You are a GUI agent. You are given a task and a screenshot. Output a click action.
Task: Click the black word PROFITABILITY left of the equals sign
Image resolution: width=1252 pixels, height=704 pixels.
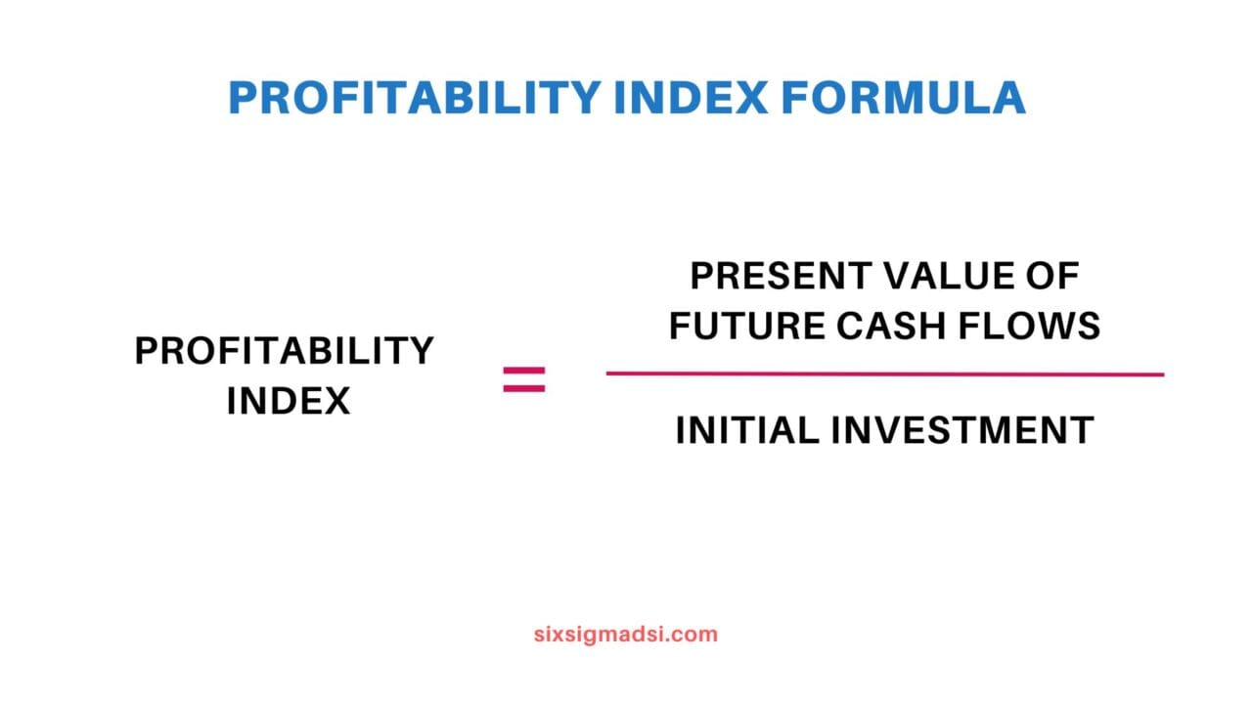285,351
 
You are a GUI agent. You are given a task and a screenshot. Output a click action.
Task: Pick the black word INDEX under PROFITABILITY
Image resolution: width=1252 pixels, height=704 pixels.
288,401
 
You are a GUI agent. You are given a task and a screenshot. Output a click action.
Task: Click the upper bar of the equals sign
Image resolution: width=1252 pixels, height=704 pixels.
524,371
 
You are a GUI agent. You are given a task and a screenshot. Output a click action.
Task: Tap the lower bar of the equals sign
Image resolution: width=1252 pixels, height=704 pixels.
524,388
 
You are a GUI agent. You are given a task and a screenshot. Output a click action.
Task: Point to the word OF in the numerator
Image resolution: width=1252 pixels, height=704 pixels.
1054,277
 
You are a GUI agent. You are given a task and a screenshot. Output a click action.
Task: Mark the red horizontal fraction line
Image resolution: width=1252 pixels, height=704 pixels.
884,374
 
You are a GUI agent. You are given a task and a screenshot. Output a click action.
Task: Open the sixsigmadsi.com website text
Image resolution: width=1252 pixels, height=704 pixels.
626,634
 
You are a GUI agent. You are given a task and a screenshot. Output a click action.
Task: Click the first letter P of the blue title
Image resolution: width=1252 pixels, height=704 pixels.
242,98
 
